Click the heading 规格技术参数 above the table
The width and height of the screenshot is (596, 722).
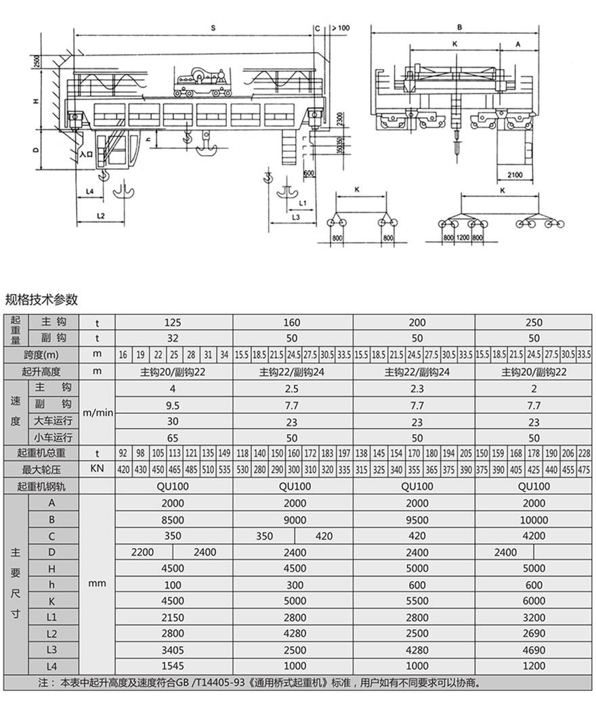click(42, 299)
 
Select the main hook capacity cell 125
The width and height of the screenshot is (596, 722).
click(173, 322)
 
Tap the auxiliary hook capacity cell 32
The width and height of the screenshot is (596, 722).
click(173, 338)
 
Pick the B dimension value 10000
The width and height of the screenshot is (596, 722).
click(534, 519)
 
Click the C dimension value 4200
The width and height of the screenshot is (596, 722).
click(534, 536)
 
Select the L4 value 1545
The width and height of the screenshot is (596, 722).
click(173, 666)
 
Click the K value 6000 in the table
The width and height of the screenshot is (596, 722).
click(534, 601)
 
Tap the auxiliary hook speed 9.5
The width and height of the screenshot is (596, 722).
click(173, 405)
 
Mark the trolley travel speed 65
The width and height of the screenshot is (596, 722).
click(173, 438)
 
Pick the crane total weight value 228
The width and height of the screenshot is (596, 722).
click(584, 454)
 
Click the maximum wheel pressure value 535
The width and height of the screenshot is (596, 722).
click(225, 470)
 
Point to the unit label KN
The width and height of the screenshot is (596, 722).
click(97, 470)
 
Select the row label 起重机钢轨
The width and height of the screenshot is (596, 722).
click(41, 486)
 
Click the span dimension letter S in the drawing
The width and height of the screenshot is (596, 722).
click(213, 28)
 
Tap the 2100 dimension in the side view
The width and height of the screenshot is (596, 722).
click(515, 175)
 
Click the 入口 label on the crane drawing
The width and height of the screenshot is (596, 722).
click(86, 154)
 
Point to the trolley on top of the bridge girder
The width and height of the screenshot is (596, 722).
click(202, 81)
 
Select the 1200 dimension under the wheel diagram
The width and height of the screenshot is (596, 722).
click(463, 238)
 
